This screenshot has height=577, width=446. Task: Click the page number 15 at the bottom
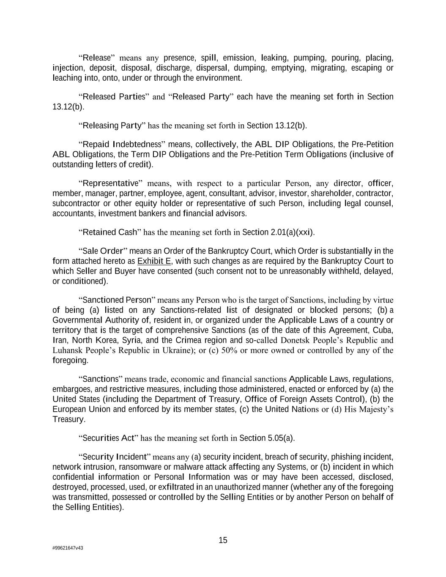[x=223, y=540]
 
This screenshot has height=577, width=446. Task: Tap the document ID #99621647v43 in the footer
[x=68, y=548]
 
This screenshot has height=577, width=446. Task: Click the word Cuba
[x=383, y=330]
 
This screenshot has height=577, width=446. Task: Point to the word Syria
[x=131, y=340]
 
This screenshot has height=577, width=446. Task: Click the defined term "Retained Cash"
[x=110, y=232]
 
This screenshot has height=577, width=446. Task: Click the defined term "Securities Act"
[x=108, y=438]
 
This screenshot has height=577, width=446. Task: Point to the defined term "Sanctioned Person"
[x=117, y=300]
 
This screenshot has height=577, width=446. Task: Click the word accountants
[x=74, y=213]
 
